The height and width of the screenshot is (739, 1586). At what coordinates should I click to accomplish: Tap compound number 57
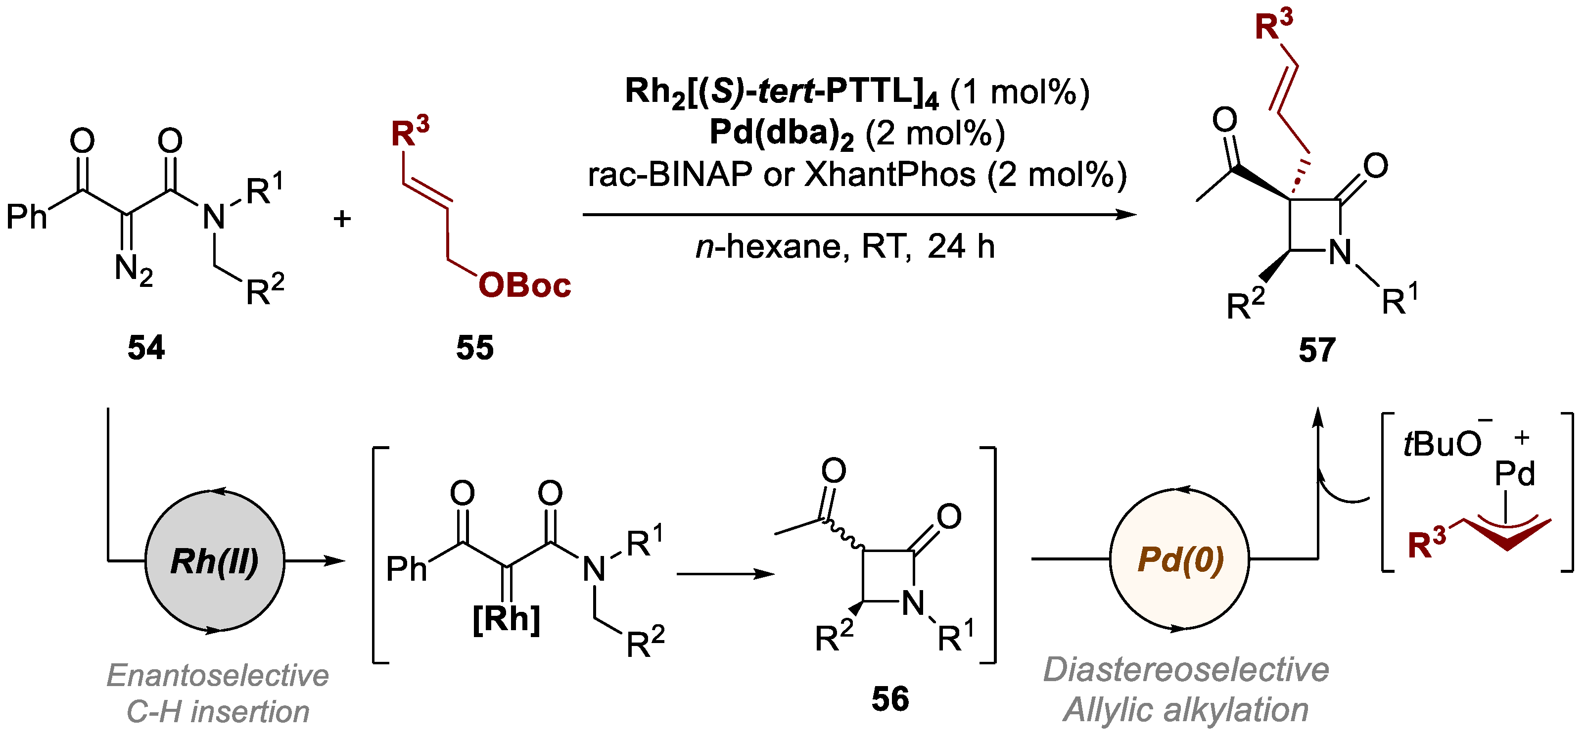(1317, 350)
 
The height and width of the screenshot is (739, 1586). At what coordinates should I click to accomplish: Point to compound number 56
(889, 699)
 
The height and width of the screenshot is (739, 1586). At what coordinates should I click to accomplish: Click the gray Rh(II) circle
(214, 561)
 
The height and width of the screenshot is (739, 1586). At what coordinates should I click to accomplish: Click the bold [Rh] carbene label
(506, 619)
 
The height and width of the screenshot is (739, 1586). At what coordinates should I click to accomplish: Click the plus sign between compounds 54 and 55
(342, 219)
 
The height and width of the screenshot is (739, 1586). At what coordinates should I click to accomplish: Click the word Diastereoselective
(1186, 670)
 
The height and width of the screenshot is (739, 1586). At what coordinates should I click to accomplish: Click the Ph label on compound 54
(27, 217)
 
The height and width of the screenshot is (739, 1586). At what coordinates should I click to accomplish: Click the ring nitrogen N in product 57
(1340, 252)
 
